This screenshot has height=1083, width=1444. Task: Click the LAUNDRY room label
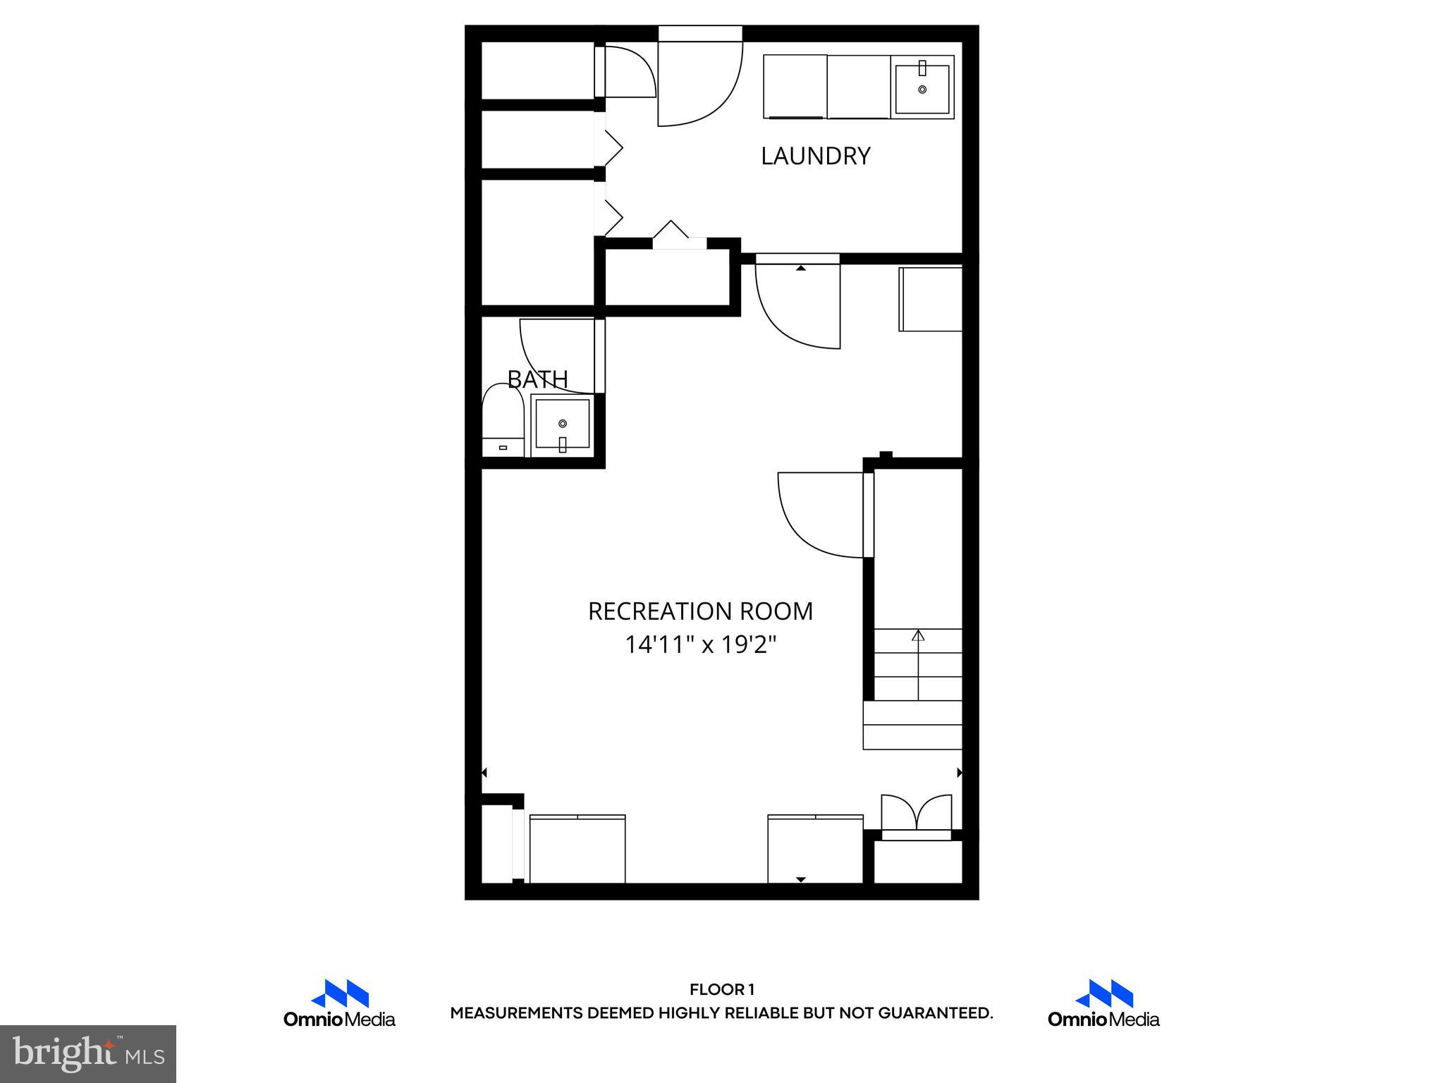pos(815,156)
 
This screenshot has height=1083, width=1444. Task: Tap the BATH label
pos(537,379)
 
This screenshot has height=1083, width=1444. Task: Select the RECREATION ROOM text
pos(700,611)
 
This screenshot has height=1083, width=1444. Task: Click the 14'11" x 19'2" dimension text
pos(700,644)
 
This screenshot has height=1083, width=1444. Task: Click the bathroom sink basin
pos(562,424)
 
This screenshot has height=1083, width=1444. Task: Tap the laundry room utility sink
pos(922,88)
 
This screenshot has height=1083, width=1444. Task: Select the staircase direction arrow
pos(918,663)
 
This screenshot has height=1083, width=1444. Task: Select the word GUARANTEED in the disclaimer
pos(935,1013)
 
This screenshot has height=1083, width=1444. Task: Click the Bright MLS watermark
pos(88,1054)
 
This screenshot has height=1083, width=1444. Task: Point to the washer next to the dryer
pos(795,87)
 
